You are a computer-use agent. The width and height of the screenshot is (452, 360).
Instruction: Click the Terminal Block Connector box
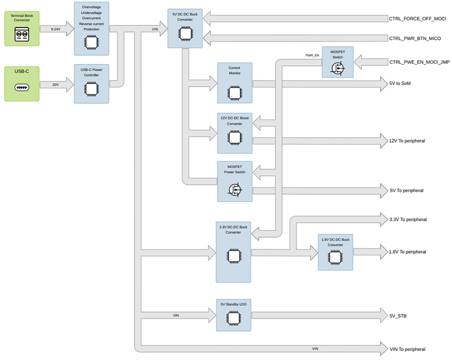pos(22,28)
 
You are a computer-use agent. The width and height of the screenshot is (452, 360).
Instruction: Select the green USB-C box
pos(22,83)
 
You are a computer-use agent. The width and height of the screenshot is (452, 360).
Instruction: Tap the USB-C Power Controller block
pos(91,83)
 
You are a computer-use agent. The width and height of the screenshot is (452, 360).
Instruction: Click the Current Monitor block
pos(235,82)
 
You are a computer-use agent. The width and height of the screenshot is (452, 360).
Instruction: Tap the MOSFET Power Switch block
pos(235,181)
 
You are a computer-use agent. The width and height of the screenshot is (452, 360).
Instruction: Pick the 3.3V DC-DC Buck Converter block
pos(233,252)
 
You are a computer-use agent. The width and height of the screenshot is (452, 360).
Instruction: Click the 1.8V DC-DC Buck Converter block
pos(335,252)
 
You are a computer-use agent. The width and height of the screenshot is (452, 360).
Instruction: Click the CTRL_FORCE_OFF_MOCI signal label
pos(417,19)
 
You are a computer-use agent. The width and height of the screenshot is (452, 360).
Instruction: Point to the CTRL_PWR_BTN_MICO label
pos(415,38)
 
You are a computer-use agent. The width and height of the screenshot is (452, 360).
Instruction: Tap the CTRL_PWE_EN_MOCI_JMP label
pos(419,62)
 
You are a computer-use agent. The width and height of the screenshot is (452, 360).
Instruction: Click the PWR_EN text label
pos(312,55)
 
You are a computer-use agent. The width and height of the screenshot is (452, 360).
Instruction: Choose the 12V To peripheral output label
pos(407,141)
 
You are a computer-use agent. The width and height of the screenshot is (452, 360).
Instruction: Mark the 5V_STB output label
pos(398,316)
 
